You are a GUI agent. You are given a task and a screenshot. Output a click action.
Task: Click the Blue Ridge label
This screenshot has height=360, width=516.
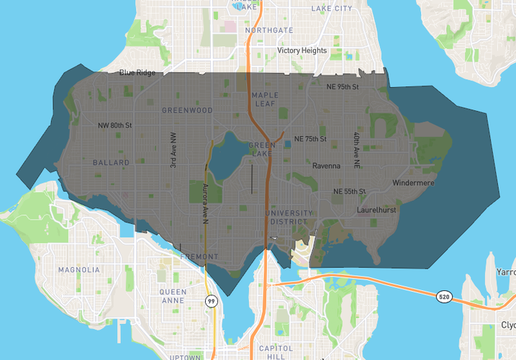click(x=137, y=72)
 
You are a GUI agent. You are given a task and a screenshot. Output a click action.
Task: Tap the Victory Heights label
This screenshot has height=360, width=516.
click(x=302, y=51)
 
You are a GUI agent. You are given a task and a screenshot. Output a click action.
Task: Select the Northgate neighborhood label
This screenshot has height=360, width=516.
click(x=268, y=30)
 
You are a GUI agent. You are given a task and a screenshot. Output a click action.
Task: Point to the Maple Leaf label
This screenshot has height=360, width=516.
click(x=265, y=100)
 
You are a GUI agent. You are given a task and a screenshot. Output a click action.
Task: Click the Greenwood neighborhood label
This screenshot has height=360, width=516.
click(x=187, y=110)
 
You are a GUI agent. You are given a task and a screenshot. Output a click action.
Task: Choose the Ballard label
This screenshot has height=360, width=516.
click(x=111, y=163)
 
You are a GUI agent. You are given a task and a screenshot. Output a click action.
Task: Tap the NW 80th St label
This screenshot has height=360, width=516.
click(x=115, y=125)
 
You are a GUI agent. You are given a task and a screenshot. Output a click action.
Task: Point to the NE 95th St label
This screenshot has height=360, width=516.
click(x=342, y=87)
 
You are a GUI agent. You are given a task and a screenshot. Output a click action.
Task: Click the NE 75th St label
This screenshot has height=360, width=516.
click(x=310, y=138)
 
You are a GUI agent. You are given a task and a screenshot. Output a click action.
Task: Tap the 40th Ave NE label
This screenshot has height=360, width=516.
click(x=356, y=150)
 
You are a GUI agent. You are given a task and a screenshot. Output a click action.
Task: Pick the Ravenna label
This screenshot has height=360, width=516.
click(x=326, y=166)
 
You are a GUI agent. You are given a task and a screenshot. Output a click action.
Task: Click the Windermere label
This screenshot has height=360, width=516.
click(x=413, y=183)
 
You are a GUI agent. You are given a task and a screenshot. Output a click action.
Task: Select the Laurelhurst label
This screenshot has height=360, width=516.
click(x=377, y=210)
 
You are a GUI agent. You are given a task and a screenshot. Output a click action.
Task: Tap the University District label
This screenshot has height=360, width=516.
click(x=289, y=217)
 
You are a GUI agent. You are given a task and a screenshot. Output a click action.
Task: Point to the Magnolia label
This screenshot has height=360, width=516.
click(x=79, y=270)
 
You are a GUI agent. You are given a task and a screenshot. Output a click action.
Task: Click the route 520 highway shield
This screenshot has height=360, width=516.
click(x=445, y=297)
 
